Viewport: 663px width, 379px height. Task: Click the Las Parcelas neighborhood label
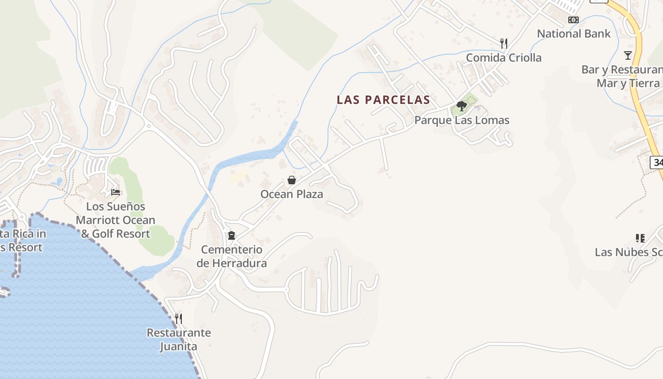click(383, 100)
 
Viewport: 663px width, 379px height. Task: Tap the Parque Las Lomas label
click(462, 120)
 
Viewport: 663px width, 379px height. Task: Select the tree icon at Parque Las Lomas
click(461, 106)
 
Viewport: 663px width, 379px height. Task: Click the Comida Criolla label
click(503, 58)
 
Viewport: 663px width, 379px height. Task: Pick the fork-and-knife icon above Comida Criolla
click(504, 44)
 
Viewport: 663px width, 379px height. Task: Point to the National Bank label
click(573, 34)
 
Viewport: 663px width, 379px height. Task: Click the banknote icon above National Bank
click(573, 20)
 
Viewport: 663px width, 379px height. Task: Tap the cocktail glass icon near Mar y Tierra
click(628, 55)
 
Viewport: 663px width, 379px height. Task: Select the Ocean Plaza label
click(292, 194)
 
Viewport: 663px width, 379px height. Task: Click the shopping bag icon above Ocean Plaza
click(292, 180)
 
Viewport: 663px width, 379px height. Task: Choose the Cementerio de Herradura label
click(232, 256)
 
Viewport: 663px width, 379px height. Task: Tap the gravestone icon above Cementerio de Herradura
click(232, 235)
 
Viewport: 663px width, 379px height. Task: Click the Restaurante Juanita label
click(179, 339)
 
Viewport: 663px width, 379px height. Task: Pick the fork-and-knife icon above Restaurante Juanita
click(179, 318)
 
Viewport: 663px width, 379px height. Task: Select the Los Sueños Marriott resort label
click(116, 220)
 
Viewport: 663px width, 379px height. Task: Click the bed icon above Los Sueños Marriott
click(116, 192)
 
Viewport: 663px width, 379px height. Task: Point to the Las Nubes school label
click(628, 252)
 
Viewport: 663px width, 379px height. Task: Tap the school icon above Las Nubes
click(640, 238)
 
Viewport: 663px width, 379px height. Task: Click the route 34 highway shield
click(657, 162)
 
